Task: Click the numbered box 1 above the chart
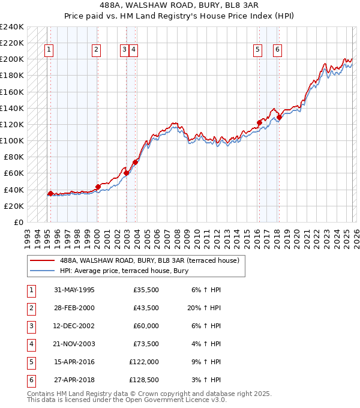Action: point(49,50)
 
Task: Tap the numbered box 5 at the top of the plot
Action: point(257,50)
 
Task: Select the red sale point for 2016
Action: point(259,122)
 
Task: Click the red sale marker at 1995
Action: point(50,193)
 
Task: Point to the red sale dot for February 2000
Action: point(98,187)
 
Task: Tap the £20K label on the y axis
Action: point(14,206)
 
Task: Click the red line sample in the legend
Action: point(43,260)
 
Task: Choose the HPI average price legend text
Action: point(124,271)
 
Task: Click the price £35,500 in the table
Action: point(146,290)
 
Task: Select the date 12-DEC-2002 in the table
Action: point(74,326)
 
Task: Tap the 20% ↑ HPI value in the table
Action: point(203,308)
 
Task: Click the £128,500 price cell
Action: point(144,380)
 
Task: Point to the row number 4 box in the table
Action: point(30,344)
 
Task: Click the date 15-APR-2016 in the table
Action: point(74,362)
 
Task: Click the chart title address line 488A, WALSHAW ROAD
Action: point(180,7)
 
